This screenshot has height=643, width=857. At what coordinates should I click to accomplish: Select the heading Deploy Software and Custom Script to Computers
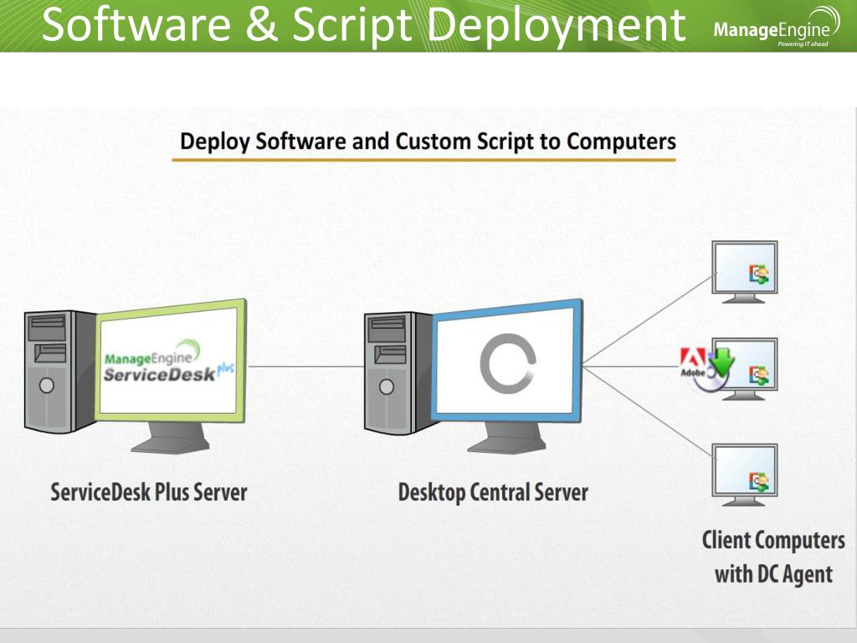tap(428, 141)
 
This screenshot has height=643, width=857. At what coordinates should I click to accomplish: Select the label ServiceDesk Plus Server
tap(149, 491)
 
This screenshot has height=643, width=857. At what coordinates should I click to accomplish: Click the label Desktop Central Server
tap(493, 491)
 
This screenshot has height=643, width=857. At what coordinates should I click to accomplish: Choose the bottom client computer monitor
tap(744, 471)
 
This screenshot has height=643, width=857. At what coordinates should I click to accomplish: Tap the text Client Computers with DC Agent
tap(773, 557)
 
